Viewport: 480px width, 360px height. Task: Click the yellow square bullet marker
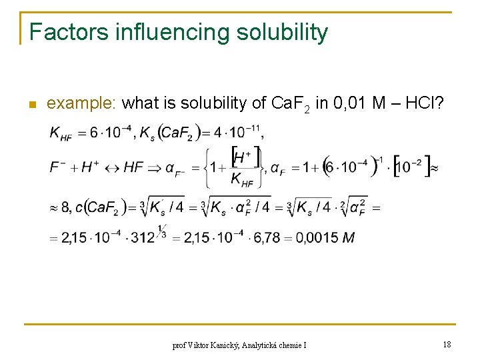[x=30, y=105]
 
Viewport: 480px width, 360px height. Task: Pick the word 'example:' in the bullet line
[x=82, y=103]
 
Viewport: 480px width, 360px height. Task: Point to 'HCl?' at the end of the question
[x=429, y=103]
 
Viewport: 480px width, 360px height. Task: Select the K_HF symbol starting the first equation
[x=61, y=133]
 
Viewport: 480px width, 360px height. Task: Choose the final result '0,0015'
[x=314, y=238]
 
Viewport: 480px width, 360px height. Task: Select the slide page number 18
[x=447, y=345]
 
